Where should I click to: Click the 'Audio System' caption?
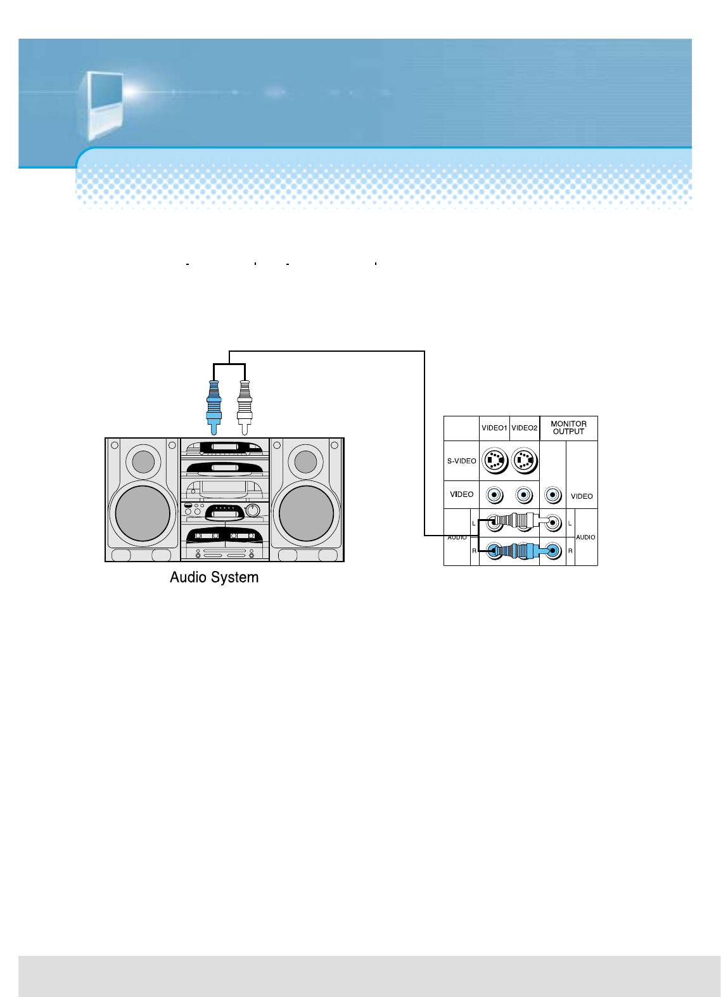click(x=214, y=577)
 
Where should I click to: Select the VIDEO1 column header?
click(x=494, y=428)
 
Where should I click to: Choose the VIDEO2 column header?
click(x=525, y=428)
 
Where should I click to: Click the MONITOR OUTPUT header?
click(x=568, y=428)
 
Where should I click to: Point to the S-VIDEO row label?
click(x=461, y=461)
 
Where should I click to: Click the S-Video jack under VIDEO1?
click(x=494, y=461)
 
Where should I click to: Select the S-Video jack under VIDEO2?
click(x=524, y=461)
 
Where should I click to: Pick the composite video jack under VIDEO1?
click(x=494, y=494)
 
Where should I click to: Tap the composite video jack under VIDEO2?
click(x=524, y=494)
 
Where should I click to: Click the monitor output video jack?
click(x=553, y=494)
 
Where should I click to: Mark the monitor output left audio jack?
click(x=554, y=523)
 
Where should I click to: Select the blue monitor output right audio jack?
click(x=554, y=551)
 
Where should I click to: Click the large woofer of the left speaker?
click(x=143, y=513)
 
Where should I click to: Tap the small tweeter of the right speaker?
click(x=305, y=461)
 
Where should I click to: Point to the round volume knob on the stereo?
click(x=253, y=510)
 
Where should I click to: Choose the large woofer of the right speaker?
click(x=306, y=513)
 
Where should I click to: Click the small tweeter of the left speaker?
click(x=143, y=461)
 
